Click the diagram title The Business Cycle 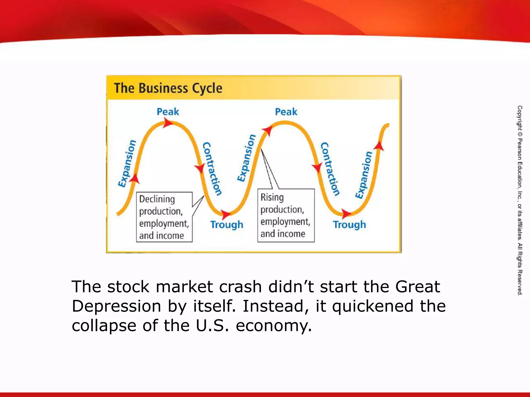168,88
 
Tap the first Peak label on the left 168,112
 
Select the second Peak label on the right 286,112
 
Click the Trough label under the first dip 227,225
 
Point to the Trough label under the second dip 349,225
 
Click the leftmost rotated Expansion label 127,163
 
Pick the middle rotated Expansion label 247,158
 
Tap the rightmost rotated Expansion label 364,175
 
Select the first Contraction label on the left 212,169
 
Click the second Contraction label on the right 330,169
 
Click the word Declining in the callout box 157,199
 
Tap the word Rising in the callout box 272,197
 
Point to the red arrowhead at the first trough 226,214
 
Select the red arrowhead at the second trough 346,213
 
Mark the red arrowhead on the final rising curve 379,146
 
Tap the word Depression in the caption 116,306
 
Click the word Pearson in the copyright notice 520,149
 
